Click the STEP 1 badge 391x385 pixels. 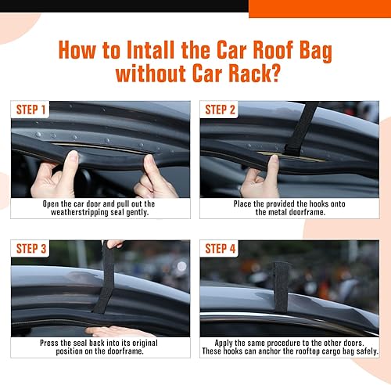31,110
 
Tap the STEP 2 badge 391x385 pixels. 221,110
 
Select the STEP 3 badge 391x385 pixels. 31,249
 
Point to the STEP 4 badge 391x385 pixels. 221,249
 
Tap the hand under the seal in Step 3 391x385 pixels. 117,330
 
